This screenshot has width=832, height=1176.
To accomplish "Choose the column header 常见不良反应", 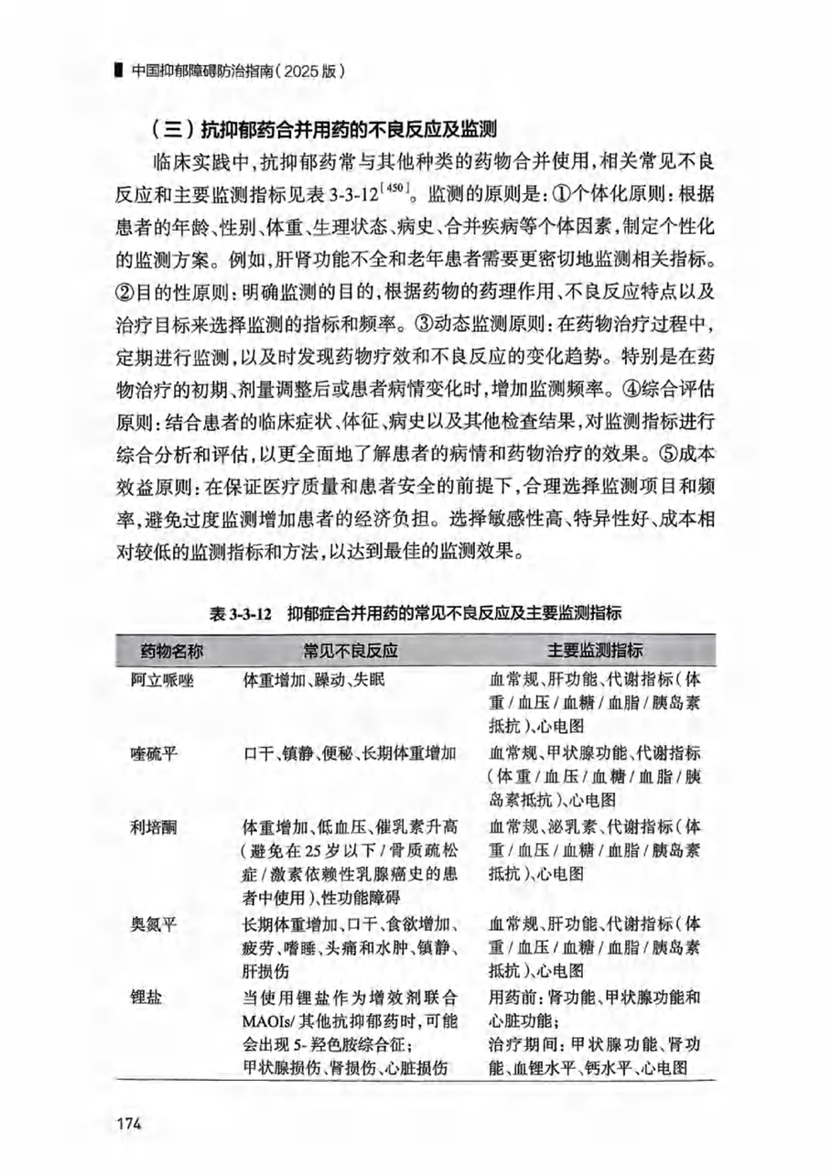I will (353, 652).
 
